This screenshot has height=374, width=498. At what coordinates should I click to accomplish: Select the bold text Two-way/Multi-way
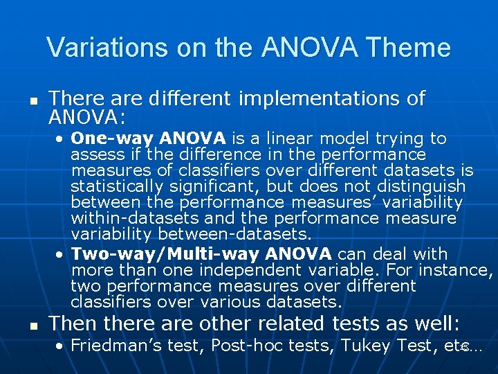tap(166, 254)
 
